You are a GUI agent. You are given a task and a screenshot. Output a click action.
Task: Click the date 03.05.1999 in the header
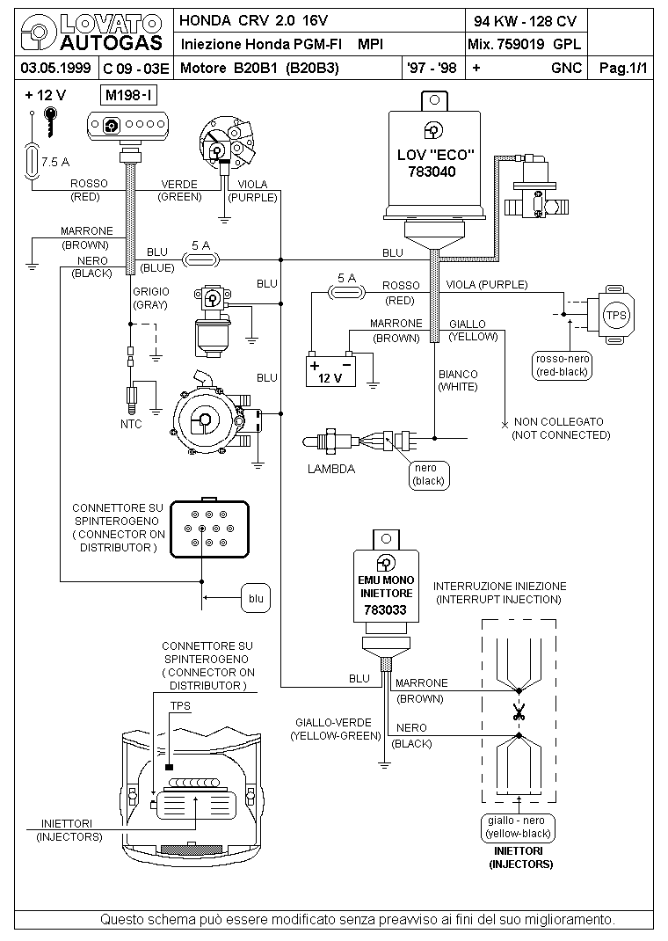pos(55,68)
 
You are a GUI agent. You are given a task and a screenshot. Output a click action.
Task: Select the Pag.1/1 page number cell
pos(623,68)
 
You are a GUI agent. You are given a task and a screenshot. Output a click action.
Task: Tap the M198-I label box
pos(129,95)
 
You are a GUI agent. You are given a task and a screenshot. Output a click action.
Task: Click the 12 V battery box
pos(330,371)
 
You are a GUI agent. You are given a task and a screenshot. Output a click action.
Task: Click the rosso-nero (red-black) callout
pos(562,366)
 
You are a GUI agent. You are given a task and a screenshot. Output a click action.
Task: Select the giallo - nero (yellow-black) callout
pos(518,827)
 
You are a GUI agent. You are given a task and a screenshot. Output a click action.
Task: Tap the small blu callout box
pos(256,598)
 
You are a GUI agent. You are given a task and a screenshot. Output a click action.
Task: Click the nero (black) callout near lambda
pos(429,475)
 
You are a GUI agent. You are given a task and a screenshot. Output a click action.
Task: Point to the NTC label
pos(131,424)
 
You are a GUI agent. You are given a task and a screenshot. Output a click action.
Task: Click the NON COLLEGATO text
pos(559,422)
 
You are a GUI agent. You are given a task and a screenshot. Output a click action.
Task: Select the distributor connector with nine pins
pos(209,529)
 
